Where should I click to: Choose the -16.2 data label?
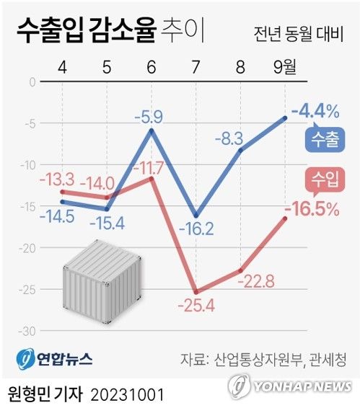pyautogui.click(x=196, y=229)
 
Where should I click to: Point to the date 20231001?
pyautogui.click(x=128, y=395)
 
